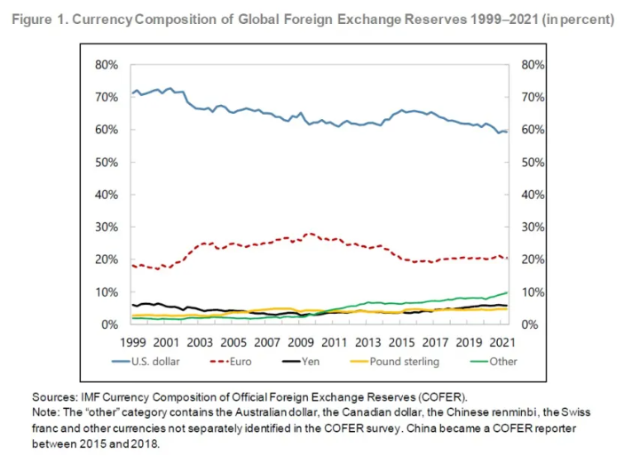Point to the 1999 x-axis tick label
click(132, 342)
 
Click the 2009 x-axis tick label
click(300, 342)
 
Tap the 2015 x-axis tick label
click(399, 342)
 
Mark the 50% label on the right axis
click(530, 163)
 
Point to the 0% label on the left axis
click(109, 325)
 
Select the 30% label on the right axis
click(530, 228)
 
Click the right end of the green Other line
click(508, 292)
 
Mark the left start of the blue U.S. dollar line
click(132, 92)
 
